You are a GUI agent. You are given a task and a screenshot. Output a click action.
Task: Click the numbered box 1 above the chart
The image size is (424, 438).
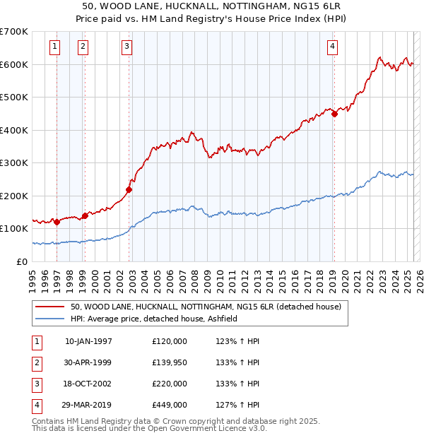[55, 47]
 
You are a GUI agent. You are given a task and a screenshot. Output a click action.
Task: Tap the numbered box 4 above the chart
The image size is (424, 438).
[332, 47]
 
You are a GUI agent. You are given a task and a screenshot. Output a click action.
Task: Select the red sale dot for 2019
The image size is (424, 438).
[334, 114]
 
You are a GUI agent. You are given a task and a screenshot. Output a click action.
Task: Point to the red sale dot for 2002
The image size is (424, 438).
[129, 189]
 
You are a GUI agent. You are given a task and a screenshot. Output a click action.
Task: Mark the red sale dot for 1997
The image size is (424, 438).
[57, 222]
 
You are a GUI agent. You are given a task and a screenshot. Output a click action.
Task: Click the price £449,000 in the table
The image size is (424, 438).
[170, 405]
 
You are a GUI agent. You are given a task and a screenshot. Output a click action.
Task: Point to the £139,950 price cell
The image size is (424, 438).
[170, 362]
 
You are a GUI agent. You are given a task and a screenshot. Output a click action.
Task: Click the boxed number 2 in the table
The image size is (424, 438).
[35, 362]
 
